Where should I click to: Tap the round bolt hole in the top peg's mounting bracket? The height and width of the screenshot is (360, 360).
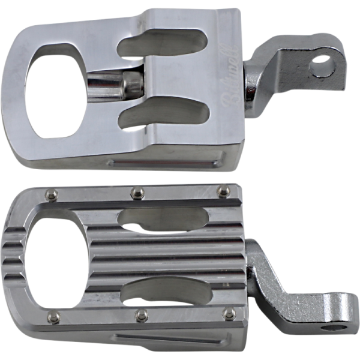(322, 65)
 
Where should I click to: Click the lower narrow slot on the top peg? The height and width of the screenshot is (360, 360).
(164, 114)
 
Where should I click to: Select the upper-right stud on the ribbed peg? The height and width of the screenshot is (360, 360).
(223, 191)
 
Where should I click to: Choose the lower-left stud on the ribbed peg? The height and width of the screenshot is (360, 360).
(53, 317)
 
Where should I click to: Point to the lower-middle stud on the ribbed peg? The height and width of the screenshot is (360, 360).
(142, 315)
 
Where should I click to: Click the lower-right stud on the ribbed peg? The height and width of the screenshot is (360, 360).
(229, 313)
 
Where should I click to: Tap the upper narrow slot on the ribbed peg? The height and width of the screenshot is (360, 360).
(162, 218)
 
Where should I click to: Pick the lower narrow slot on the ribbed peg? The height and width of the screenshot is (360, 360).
(166, 290)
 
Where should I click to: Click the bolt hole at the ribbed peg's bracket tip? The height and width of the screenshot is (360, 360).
(333, 327)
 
